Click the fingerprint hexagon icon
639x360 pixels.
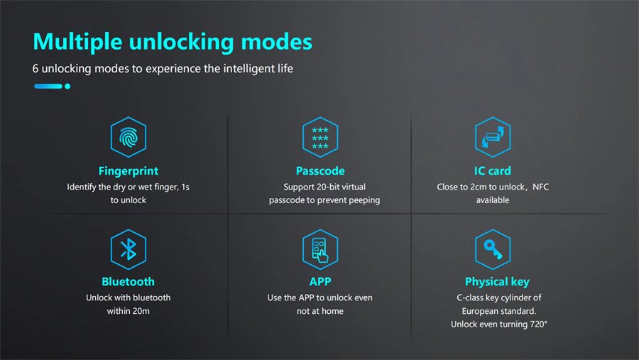pos(129,137)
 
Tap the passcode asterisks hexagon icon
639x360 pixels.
pos(320,137)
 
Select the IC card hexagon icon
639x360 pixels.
pos(493,137)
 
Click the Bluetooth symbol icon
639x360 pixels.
pos(129,249)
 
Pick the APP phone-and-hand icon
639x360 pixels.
pos(320,249)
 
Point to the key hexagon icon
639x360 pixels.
pos(493,249)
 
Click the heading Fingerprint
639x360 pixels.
pos(129,171)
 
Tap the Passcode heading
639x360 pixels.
pos(320,171)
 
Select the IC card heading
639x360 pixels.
pos(492,171)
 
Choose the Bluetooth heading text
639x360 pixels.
pos(128,282)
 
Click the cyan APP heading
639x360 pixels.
pos(320,282)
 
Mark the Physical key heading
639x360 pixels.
pos(497,282)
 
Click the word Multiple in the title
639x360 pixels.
pos(77,42)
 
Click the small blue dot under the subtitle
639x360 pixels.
pos(67,86)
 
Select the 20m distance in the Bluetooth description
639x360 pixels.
pos(139,311)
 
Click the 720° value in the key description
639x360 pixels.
pos(538,324)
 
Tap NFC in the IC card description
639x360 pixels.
pos(540,187)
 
